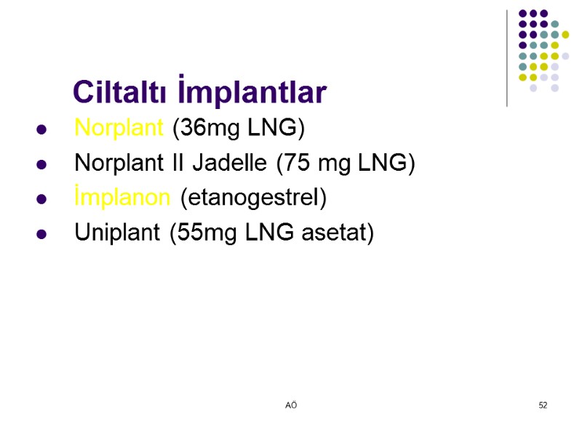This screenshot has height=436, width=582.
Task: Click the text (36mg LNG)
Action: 239,129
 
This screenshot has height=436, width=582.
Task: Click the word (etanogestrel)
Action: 253,198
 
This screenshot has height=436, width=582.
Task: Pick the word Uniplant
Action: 118,233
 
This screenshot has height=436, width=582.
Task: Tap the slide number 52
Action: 543,405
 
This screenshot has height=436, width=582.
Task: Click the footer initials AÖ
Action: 291,405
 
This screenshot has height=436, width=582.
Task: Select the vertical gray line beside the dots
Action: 507,58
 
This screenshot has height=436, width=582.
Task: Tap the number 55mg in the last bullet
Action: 199,233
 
